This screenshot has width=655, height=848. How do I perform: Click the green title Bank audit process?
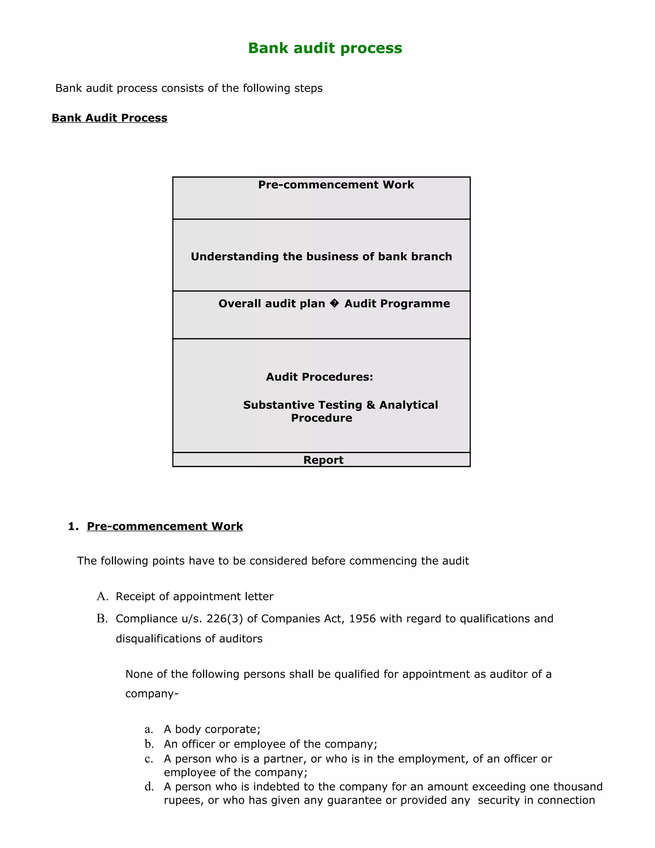(x=325, y=48)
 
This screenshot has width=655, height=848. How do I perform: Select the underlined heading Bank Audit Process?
(x=109, y=118)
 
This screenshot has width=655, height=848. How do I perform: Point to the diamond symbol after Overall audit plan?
(x=334, y=304)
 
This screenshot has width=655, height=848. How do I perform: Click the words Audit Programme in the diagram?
(x=397, y=304)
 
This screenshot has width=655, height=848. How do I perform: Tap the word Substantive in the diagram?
(x=278, y=405)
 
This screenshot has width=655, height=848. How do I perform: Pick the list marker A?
(x=102, y=596)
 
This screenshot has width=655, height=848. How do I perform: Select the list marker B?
(x=102, y=619)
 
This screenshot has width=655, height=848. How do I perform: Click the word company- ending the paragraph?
(x=151, y=694)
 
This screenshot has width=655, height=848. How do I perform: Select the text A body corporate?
(x=212, y=729)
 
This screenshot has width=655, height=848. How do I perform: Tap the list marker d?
(x=149, y=787)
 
